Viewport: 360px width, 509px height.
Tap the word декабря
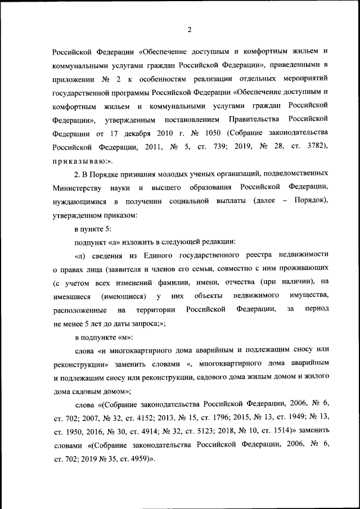click(128, 134)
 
